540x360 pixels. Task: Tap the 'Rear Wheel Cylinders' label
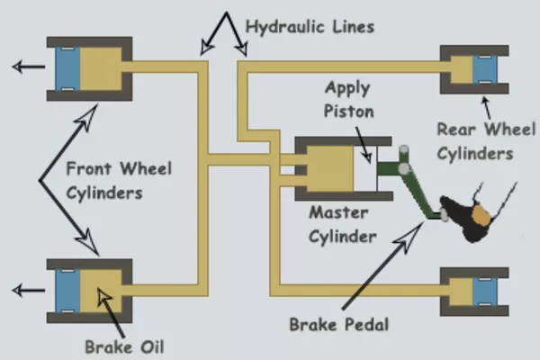tap(475, 141)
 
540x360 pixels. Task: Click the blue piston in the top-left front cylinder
tap(67, 68)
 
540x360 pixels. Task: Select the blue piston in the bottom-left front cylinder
tap(67, 290)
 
